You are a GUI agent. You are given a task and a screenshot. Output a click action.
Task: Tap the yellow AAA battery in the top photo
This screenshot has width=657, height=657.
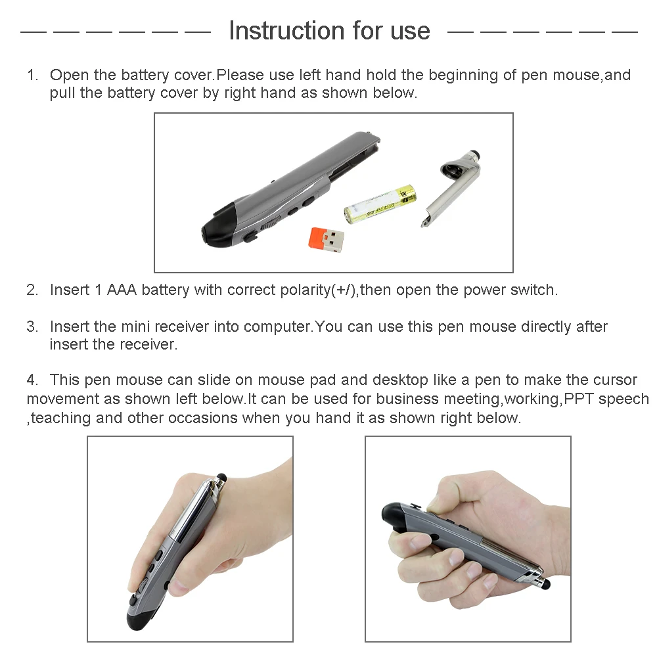tap(380, 204)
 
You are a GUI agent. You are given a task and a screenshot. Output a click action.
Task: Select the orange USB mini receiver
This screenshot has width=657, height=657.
tap(326, 241)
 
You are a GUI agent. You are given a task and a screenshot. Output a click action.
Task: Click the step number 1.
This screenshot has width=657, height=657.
tap(32, 75)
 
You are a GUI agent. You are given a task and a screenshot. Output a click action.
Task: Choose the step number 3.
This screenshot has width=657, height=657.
tap(32, 327)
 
